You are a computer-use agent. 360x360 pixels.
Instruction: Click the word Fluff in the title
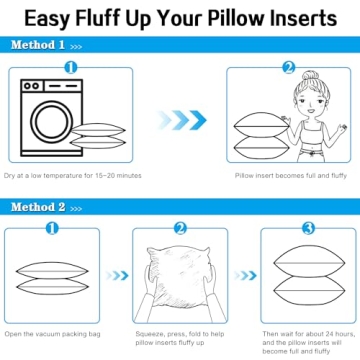pyautogui.click(x=118, y=17)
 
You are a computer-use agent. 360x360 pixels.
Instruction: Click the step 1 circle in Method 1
pyautogui.click(x=71, y=68)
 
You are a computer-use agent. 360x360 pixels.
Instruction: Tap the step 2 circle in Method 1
pyautogui.click(x=289, y=68)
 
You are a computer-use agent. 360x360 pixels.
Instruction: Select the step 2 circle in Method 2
pyautogui.click(x=181, y=228)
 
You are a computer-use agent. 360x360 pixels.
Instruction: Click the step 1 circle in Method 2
pyautogui.click(x=57, y=228)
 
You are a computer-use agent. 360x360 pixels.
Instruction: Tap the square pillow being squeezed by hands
pyautogui.click(x=180, y=278)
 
